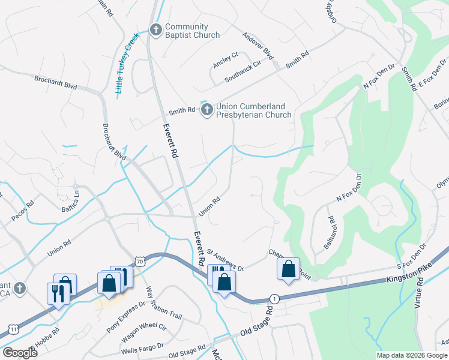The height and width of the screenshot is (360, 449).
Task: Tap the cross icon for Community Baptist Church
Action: pyautogui.click(x=156, y=29)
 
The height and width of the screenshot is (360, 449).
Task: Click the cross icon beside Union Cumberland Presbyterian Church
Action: pyautogui.click(x=207, y=109)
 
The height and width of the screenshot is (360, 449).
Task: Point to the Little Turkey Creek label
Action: pyautogui.click(x=127, y=63)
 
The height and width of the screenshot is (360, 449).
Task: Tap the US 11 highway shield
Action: pyautogui.click(x=13, y=329)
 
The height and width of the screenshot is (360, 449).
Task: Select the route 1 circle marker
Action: pyautogui.click(x=274, y=298)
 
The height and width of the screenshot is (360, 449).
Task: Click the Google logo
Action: pyautogui.click(x=20, y=352)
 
